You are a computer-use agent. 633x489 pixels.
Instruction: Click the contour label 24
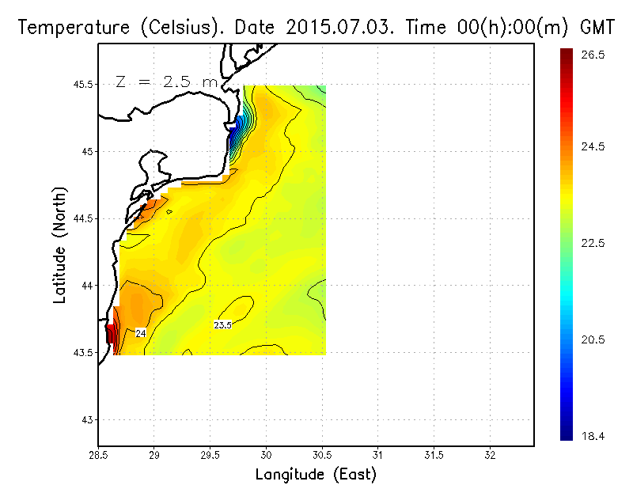tap(141, 333)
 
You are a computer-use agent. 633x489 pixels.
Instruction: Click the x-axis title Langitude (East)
tap(316, 475)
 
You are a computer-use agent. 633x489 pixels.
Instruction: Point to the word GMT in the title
tap(599, 28)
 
